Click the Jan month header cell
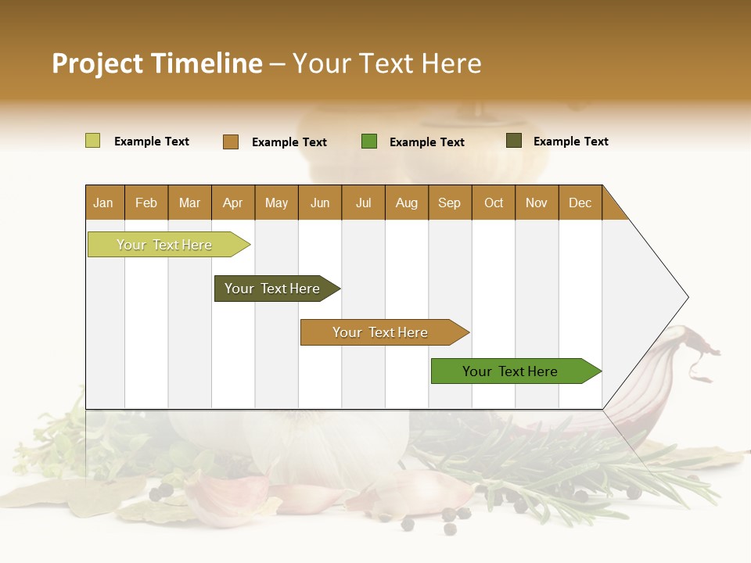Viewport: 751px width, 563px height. [103, 203]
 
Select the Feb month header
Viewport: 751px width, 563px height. [146, 203]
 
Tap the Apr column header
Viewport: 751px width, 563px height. [232, 203]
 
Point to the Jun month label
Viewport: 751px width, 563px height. [320, 203]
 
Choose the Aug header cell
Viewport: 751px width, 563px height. [406, 203]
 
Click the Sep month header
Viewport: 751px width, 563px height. [449, 203]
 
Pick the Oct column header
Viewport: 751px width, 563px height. [494, 203]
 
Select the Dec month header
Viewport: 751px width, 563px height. [580, 203]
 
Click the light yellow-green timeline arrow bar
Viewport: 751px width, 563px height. [165, 245]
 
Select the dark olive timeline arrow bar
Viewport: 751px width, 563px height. [273, 289]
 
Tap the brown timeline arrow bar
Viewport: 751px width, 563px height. [381, 332]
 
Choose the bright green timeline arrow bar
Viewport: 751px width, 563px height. [511, 371]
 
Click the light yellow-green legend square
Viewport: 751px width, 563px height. [92, 141]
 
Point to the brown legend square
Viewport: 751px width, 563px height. [230, 142]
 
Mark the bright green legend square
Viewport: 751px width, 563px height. [369, 142]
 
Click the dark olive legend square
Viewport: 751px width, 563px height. [513, 141]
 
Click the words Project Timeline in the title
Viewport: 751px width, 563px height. [157, 63]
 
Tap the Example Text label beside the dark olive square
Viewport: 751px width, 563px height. [570, 142]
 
